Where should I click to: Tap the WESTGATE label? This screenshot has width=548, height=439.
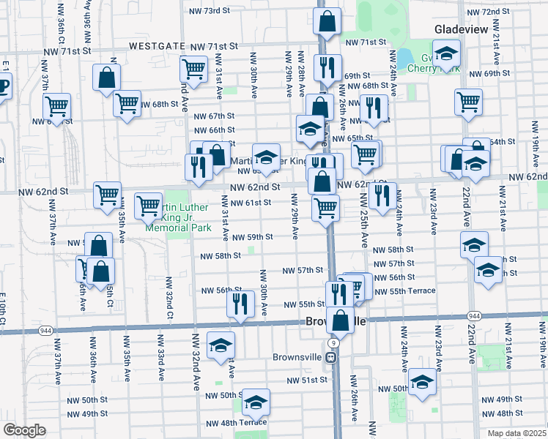(157, 45)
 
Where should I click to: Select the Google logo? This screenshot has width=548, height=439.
(24, 430)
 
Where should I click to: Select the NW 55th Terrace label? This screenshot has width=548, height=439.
(404, 291)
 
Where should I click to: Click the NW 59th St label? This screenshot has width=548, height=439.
(253, 237)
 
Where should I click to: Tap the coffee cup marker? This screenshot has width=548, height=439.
(3, 86)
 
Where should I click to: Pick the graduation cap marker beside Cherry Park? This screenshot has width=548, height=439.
(446, 53)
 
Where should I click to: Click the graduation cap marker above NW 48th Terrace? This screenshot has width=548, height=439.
(256, 402)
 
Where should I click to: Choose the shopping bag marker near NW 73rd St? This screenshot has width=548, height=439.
(327, 21)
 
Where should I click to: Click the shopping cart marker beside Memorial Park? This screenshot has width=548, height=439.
(149, 206)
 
